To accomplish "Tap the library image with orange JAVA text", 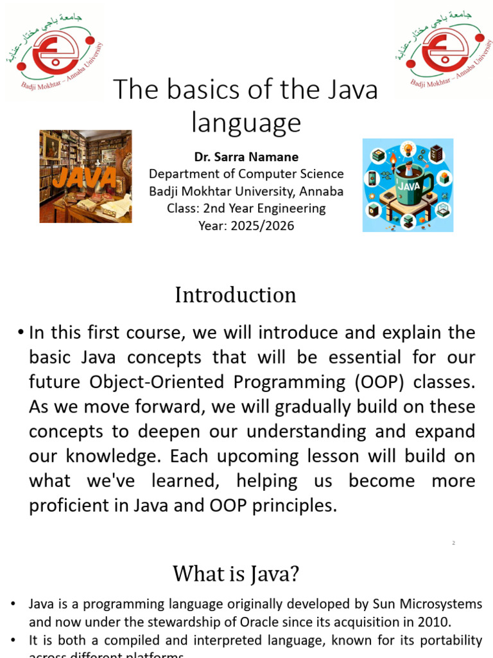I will click(x=85, y=176).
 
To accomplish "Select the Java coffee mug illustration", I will click(x=408, y=185).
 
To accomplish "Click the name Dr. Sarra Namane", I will click(x=246, y=157).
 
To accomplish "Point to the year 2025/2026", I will click(x=246, y=226).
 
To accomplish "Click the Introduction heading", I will click(x=236, y=295).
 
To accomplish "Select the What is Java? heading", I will click(x=236, y=573).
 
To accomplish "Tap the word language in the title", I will click(x=246, y=122).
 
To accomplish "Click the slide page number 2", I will click(x=453, y=543).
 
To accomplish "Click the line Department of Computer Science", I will click(x=246, y=174).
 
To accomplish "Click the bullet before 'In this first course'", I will click(x=21, y=333).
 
